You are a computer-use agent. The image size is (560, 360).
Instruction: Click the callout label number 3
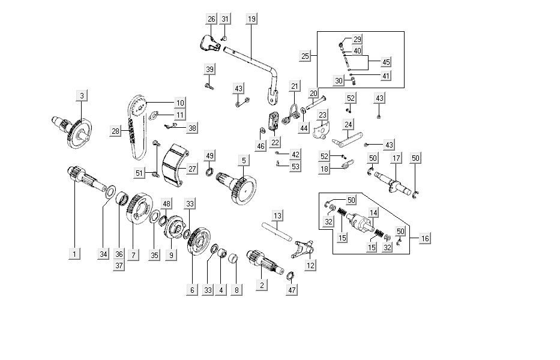(82, 95)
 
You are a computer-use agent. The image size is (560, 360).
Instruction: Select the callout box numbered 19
(251, 19)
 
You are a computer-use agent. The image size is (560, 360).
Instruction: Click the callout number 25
(305, 56)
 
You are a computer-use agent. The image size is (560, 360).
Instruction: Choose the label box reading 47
(292, 290)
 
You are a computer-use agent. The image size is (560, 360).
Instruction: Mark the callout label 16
(425, 238)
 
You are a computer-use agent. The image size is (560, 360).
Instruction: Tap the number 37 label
(118, 266)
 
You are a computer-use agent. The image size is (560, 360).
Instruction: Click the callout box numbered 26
(211, 19)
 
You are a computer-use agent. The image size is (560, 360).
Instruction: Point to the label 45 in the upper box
(386, 62)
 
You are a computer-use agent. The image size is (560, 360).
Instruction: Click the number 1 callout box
(74, 254)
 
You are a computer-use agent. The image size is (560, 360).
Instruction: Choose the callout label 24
(348, 125)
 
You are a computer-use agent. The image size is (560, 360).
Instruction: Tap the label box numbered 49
(209, 156)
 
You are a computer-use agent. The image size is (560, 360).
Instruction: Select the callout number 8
(236, 290)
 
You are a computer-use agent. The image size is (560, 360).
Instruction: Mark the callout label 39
(209, 70)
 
